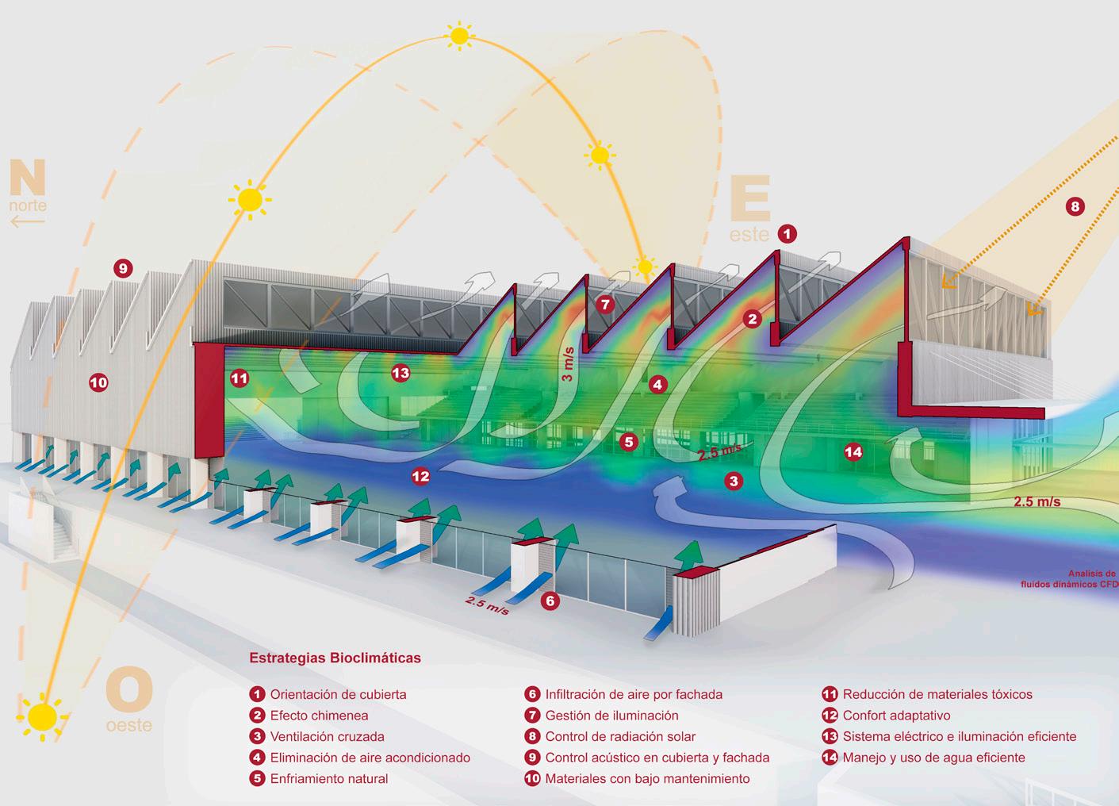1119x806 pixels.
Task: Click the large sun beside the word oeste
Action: [x=41, y=716]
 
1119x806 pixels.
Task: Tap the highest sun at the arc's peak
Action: [x=458, y=36]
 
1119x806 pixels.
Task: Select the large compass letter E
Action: [x=749, y=199]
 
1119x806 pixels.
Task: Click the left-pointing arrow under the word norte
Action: [x=27, y=223]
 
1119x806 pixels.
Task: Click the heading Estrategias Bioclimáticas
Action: [x=335, y=658]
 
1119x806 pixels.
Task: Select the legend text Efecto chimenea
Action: [x=319, y=716]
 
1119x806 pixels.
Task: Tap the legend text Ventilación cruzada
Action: [x=327, y=736]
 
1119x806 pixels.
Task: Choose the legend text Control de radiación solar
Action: [x=620, y=736]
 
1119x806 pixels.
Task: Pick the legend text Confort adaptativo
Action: [x=896, y=716]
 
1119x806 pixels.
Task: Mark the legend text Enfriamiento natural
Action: [x=328, y=779]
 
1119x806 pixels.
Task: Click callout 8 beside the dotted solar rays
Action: [x=1075, y=207]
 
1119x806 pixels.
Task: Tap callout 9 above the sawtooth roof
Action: [x=122, y=269]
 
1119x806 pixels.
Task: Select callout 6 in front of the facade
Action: [x=550, y=601]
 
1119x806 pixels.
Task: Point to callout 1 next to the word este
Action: [x=786, y=234]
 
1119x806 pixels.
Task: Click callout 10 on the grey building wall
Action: [x=98, y=383]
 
